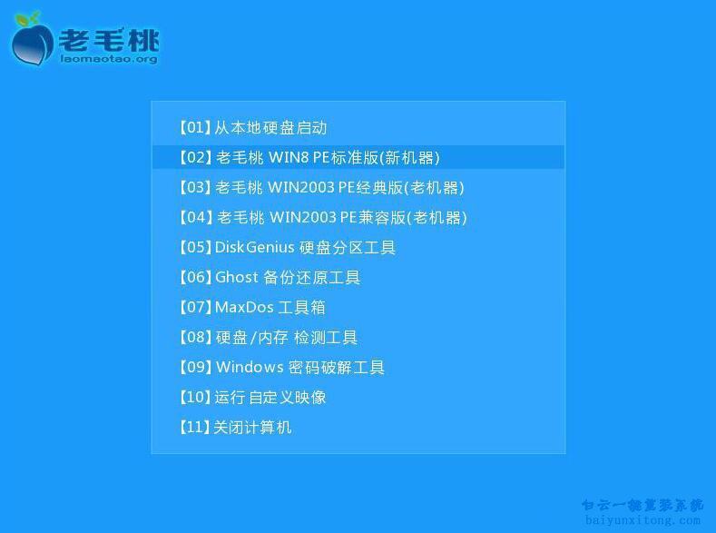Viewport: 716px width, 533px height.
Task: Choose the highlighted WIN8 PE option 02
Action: (x=309, y=158)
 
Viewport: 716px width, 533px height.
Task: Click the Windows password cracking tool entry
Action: (x=281, y=368)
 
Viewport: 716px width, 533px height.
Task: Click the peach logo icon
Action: (x=32, y=42)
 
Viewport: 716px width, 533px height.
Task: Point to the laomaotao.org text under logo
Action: (x=108, y=60)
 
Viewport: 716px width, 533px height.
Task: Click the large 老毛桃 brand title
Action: (x=109, y=38)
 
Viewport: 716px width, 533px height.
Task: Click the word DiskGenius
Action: (x=255, y=248)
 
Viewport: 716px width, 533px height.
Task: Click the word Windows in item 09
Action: (x=250, y=368)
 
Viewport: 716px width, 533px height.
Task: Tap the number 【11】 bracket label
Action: (x=193, y=428)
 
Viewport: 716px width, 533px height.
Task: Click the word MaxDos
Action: (x=241, y=308)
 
